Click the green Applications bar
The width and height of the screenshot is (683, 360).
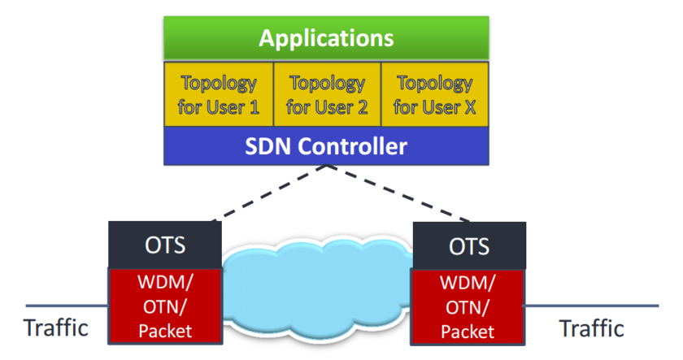[x=326, y=37]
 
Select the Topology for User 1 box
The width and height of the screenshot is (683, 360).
[x=218, y=94]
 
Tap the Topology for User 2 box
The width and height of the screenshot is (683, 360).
[x=327, y=94]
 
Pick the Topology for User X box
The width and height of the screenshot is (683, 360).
[x=434, y=94]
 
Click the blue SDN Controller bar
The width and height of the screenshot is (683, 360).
[x=326, y=147]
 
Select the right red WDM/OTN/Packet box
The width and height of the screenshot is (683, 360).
[x=469, y=307]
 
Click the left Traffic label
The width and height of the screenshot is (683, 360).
[x=55, y=328]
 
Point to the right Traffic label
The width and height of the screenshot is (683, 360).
[x=592, y=328]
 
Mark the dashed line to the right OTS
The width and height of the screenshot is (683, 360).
[x=398, y=195]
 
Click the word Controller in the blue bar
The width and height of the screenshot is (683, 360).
[x=355, y=147]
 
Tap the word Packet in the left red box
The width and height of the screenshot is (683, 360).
[x=165, y=331]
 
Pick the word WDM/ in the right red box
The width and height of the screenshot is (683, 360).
[x=469, y=285]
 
